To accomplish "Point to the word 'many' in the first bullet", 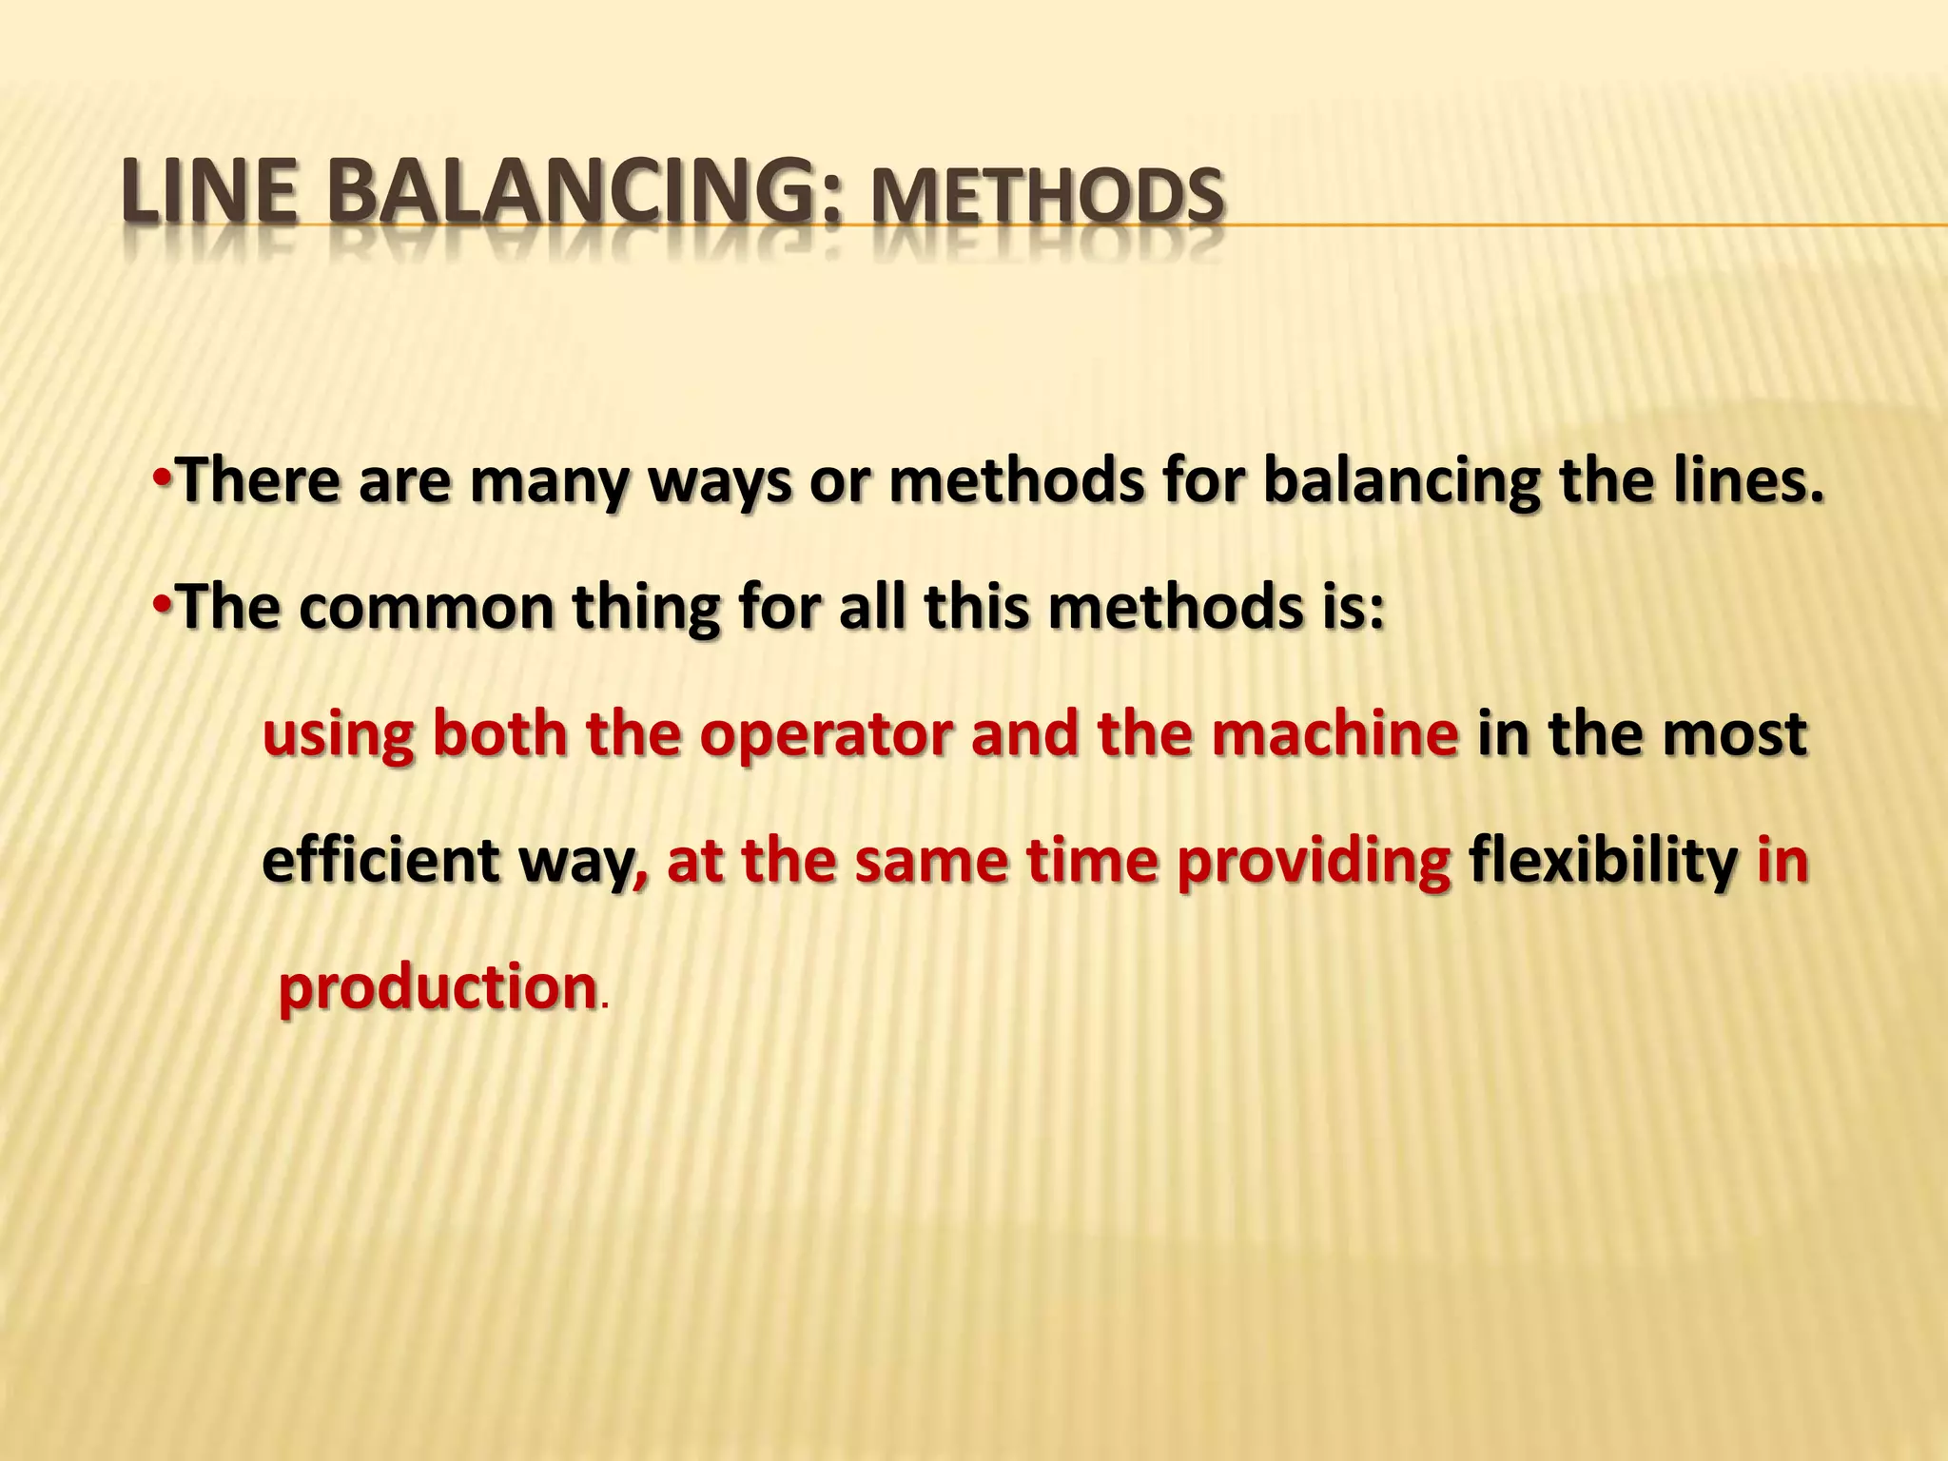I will tap(549, 480).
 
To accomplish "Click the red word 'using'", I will tap(338, 735).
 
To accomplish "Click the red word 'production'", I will tap(437, 988).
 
